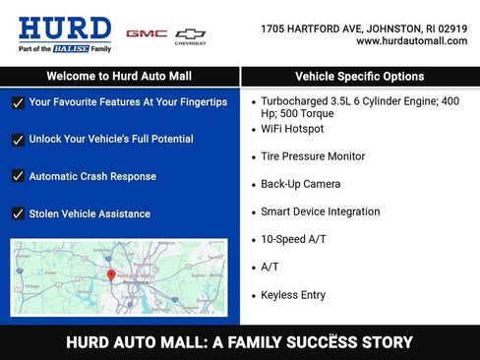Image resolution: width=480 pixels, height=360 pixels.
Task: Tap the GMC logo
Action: [147, 33]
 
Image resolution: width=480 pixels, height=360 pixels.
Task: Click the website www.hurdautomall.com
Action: [411, 41]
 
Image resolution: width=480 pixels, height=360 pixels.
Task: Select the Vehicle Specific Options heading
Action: [360, 76]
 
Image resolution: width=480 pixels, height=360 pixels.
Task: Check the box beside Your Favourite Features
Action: [18, 102]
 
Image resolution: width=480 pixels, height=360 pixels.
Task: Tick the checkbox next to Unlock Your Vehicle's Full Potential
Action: [18, 140]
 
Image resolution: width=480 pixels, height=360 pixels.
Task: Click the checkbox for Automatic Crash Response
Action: [18, 177]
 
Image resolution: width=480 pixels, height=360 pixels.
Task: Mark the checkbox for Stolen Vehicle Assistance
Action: [18, 214]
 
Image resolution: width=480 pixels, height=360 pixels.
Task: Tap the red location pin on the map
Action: [110, 276]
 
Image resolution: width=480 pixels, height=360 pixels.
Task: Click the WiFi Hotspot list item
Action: [293, 129]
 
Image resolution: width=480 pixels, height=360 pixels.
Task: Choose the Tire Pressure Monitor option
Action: [313, 156]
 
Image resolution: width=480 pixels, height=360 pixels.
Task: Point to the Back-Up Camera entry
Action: [300, 184]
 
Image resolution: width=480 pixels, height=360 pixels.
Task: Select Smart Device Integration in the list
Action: [320, 211]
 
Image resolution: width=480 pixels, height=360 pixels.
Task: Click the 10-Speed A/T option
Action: [293, 239]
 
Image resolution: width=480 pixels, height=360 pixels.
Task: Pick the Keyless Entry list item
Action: [293, 294]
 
